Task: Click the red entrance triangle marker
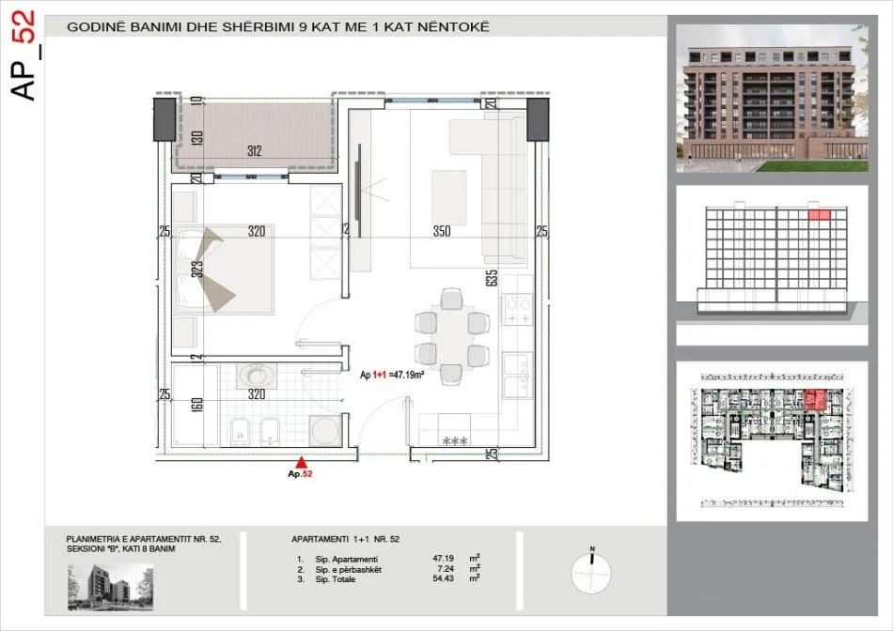(301, 461)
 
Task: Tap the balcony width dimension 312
(253, 151)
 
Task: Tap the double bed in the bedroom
(223, 271)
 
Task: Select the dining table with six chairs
(451, 337)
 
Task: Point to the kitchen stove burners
(518, 307)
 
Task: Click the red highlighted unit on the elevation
(820, 216)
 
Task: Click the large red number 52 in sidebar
(25, 32)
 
